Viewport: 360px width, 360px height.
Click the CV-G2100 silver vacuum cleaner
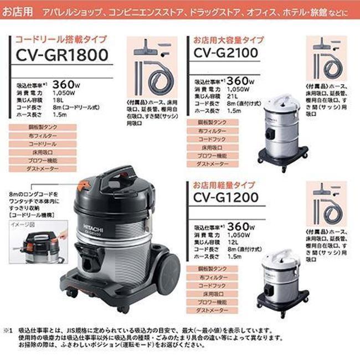[282, 130]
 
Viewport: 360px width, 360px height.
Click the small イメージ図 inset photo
[34, 244]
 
